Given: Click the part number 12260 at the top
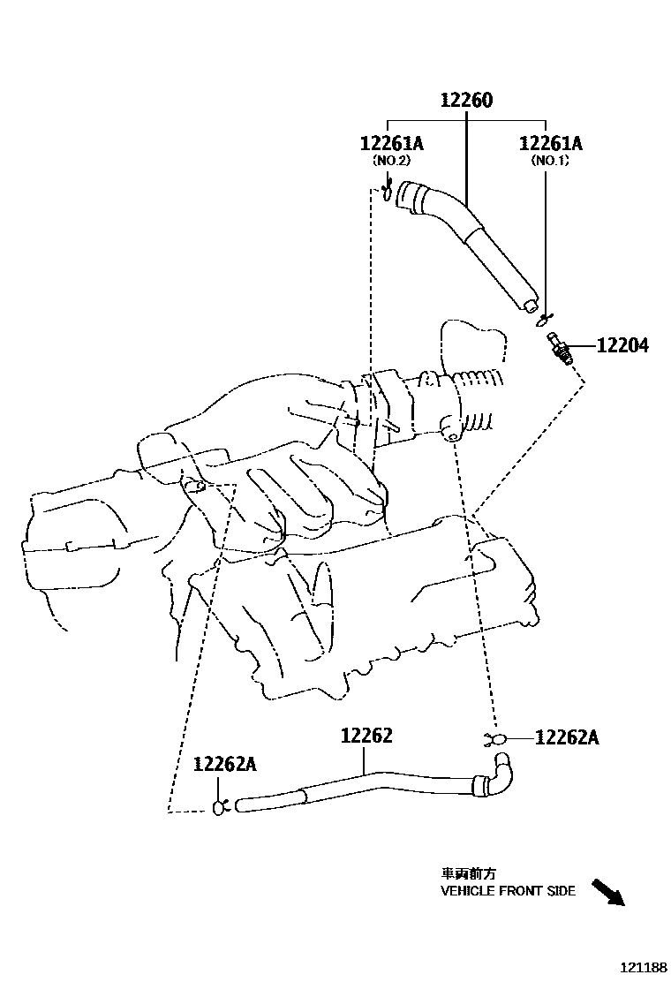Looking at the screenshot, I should [466, 101].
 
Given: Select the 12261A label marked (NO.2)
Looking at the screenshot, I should [391, 144].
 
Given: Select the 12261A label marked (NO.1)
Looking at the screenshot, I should [550, 144].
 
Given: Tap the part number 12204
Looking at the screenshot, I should [622, 346].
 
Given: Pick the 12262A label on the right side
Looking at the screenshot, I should [567, 737].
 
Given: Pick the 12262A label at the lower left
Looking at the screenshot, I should [224, 765].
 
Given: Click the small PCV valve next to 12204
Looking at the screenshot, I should [559, 346].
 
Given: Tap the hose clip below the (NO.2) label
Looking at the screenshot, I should [388, 191].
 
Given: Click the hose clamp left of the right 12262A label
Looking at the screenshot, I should [494, 738].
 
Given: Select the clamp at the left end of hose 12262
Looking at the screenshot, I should [221, 804].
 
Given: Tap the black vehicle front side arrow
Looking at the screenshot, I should [607, 892].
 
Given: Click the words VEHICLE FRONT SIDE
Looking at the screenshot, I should [508, 891].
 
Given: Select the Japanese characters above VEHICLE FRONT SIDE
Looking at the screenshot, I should [464, 872].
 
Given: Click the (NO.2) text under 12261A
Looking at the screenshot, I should [391, 161].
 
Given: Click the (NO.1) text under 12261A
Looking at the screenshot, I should [550, 161].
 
